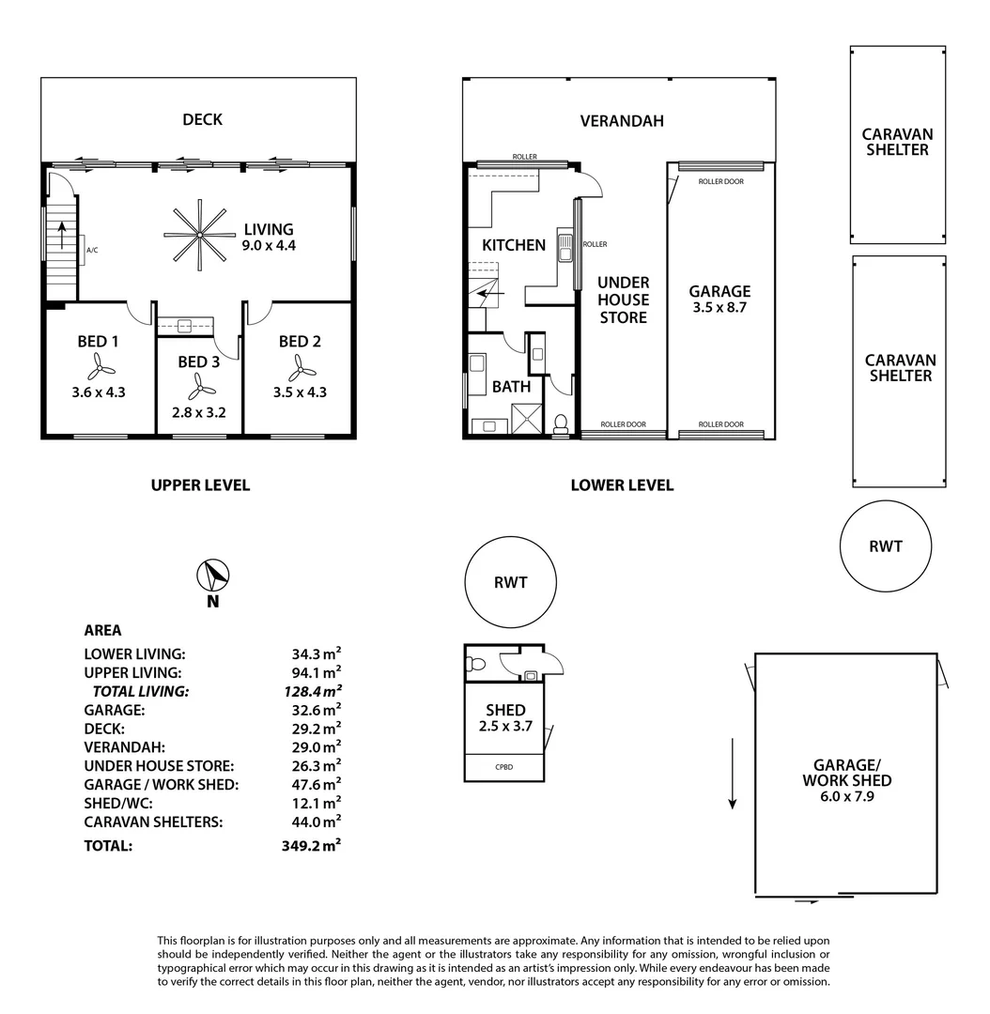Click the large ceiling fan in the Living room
tap(195, 234)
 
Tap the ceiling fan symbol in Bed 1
tap(98, 365)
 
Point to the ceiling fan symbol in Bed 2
tap(299, 365)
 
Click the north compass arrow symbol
tap(213, 575)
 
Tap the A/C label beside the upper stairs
tap(92, 251)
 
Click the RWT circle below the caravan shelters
tap(885, 545)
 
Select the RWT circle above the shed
tap(510, 582)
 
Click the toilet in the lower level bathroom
tap(562, 424)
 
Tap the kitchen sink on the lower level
tap(565, 248)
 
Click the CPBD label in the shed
tap(503, 767)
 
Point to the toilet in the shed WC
tap(475, 665)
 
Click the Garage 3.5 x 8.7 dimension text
tap(719, 307)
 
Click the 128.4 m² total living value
tap(316, 691)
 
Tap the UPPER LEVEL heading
tap(200, 485)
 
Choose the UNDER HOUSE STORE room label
tap(624, 300)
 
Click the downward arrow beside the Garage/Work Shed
tap(732, 774)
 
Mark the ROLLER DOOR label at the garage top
tap(720, 181)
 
